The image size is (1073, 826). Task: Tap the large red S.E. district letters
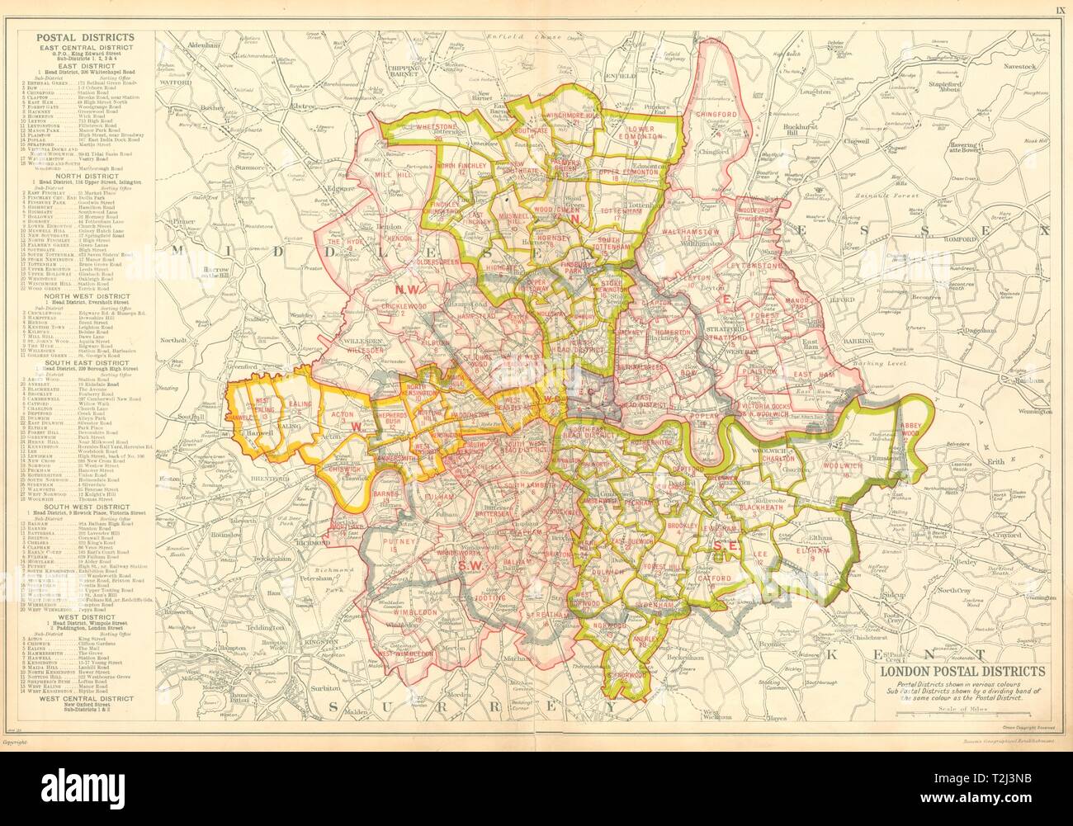(x=724, y=545)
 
